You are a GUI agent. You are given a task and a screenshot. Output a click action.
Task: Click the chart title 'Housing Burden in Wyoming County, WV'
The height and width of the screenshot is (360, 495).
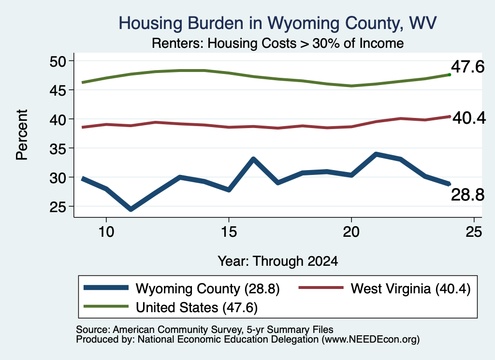pos(277,23)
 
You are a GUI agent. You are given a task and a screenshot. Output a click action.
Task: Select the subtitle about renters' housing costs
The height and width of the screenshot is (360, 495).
pos(277,43)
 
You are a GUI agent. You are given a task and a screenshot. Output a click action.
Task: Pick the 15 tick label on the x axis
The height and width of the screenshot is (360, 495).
pos(229,232)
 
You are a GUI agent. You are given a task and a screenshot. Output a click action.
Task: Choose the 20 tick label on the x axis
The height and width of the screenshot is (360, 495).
pos(351,232)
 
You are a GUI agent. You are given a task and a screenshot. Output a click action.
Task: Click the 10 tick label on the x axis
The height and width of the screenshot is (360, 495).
pos(106,232)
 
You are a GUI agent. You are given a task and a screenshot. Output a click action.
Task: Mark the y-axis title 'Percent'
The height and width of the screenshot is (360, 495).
pos(22,135)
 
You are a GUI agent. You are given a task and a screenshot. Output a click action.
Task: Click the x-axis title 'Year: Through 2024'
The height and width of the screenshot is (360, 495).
pos(278,261)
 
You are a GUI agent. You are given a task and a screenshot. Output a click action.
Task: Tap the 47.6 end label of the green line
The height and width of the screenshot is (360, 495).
pos(467,67)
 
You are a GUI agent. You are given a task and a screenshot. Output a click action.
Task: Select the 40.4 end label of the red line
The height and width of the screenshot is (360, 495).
pos(469,118)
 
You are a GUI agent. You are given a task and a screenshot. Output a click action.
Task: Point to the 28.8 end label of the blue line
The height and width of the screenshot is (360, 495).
pos(467,195)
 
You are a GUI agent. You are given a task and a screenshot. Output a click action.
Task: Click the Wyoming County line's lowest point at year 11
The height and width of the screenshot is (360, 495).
pos(131,209)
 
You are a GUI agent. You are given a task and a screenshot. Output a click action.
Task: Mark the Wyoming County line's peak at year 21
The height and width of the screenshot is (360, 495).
pos(376,154)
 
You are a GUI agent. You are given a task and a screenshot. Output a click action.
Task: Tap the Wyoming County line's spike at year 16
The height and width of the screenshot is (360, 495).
pos(253,158)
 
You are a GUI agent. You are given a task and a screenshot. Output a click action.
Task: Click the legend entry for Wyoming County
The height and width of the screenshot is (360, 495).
pos(182,288)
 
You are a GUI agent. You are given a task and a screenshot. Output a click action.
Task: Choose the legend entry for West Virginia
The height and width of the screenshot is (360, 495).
pos(384,288)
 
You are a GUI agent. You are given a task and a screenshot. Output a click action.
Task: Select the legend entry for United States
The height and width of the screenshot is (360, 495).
pos(171,307)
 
